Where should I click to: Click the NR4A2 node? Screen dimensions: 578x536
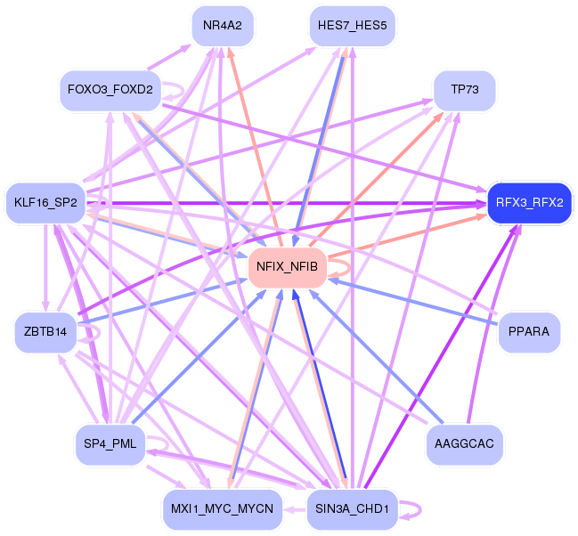[223, 26]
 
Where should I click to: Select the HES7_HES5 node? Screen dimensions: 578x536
[353, 26]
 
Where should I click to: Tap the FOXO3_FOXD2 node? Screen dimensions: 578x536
[110, 90]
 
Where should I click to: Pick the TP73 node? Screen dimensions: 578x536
[465, 90]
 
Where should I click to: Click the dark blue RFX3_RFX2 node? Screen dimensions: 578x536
[529, 203]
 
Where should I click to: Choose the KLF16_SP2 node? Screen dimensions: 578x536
[45, 203]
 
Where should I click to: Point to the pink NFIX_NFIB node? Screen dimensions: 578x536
[287, 267]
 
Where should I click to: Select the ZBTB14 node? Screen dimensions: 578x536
[45, 332]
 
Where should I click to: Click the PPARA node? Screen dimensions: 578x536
[529, 332]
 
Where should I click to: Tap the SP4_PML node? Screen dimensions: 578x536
[110, 443]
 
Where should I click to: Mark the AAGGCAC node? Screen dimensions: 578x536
[464, 443]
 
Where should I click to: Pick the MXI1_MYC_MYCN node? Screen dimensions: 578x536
[223, 509]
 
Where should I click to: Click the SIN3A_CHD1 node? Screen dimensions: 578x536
[352, 509]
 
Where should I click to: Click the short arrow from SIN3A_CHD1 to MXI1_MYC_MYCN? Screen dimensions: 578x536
[295, 510]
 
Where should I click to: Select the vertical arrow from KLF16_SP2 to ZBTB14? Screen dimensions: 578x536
[45, 268]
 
